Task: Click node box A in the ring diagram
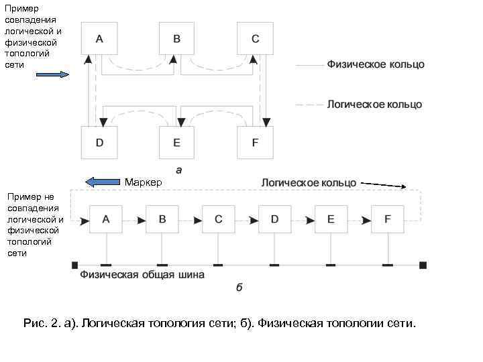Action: pos(99,39)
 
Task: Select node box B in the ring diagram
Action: pos(177,39)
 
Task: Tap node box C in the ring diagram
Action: pos(255,39)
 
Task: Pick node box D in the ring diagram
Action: pos(99,142)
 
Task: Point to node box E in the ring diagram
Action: pos(177,142)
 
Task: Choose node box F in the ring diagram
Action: pos(255,142)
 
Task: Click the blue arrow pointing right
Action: pos(53,74)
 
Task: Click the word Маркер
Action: pos(143,182)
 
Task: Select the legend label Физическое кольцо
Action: pos(376,65)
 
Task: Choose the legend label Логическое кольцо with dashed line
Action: pos(374,105)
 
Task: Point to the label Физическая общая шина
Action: pos(142,274)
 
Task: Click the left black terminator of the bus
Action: pos(75,265)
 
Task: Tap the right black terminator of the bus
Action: pos(423,265)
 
